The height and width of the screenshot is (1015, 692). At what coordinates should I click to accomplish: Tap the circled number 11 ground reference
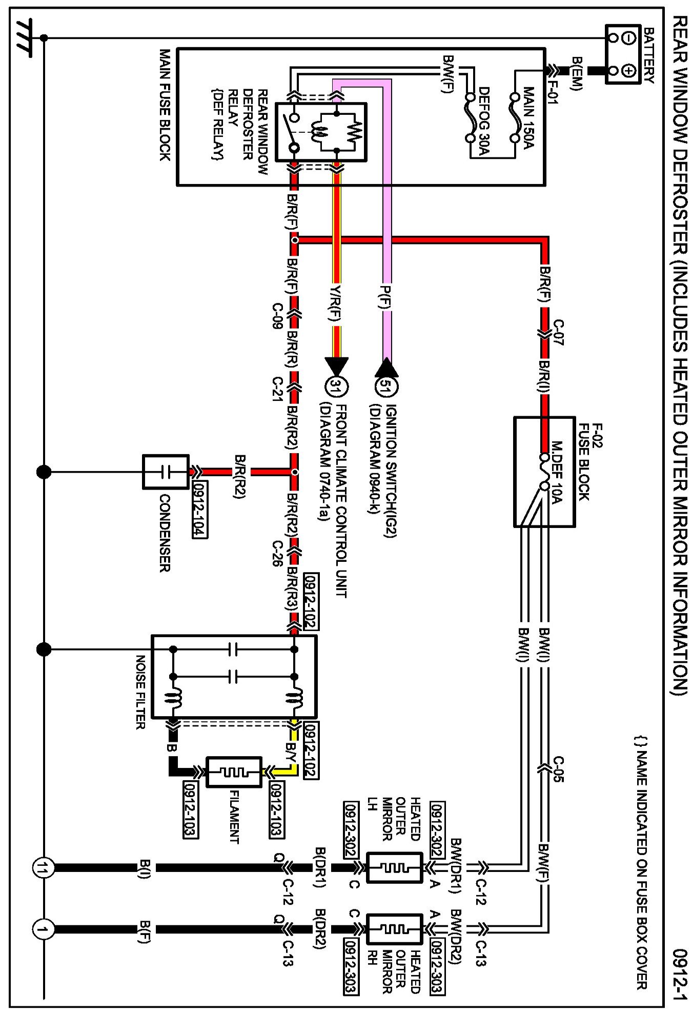pos(43,868)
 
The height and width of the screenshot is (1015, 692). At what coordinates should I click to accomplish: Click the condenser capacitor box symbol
pos(165,472)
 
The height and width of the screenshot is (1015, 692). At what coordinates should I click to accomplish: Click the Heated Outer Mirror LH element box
pos(395,868)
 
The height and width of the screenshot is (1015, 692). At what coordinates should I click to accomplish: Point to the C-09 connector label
pos(277,315)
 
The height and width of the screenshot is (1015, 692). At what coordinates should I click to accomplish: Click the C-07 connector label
pos(559,332)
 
